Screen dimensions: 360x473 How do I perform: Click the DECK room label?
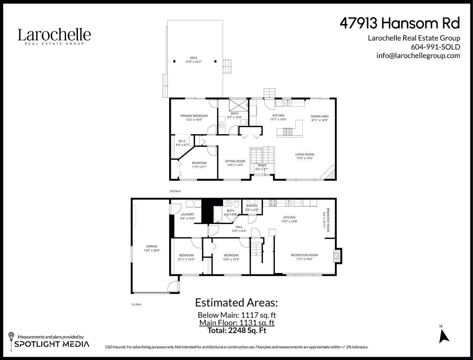click(193, 58)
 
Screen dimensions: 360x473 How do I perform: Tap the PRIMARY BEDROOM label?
click(194, 116)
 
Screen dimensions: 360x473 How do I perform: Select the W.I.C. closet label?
click(182, 141)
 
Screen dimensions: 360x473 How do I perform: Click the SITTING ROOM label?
click(235, 161)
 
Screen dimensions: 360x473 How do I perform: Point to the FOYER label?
click(262, 165)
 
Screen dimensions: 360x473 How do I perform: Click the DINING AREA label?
click(320, 116)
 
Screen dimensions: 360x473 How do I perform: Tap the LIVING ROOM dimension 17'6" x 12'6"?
click(305, 158)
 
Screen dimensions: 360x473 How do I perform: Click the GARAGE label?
click(151, 247)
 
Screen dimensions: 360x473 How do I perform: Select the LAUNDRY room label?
click(187, 214)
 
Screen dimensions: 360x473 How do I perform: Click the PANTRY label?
click(252, 206)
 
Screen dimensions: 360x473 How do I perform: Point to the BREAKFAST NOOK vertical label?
click(328, 220)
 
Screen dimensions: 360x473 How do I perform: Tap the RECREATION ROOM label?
click(304, 255)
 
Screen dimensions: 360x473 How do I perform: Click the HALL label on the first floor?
click(239, 227)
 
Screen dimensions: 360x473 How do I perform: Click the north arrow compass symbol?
click(444, 336)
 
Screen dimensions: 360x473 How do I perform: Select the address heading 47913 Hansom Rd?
click(400, 23)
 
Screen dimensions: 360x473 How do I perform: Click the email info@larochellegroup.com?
click(418, 56)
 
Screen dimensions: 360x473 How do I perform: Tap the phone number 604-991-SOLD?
click(435, 47)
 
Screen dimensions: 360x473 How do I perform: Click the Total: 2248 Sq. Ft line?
click(237, 330)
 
